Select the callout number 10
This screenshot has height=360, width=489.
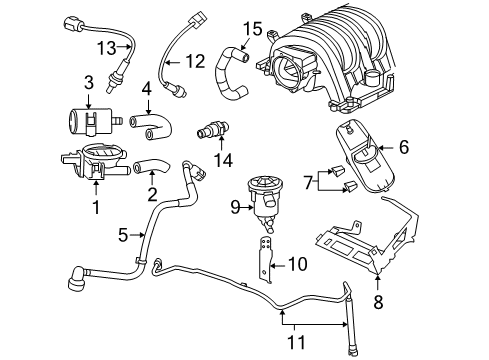(x=297, y=264)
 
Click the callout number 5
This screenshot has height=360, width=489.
(x=121, y=237)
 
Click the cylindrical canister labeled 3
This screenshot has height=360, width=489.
(x=82, y=122)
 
